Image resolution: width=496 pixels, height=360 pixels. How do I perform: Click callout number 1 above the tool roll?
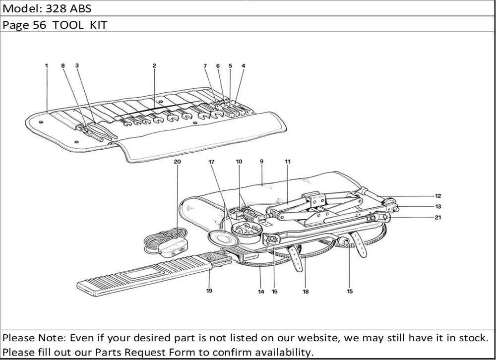[46, 65]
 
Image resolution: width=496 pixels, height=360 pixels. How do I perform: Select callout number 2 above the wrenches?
[154, 65]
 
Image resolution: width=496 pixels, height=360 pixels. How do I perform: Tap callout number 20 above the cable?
[178, 162]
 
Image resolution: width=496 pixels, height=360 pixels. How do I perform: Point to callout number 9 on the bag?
[261, 162]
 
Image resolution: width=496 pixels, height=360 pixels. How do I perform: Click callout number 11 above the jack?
[288, 162]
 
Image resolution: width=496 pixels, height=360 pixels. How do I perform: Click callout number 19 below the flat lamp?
[209, 291]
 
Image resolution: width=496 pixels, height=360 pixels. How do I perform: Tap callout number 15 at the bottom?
[350, 292]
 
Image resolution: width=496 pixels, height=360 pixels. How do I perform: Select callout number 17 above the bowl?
[211, 162]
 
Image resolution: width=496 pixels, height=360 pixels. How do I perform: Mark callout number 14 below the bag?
[261, 292]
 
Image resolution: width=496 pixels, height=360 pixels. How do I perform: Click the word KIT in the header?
[99, 25]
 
